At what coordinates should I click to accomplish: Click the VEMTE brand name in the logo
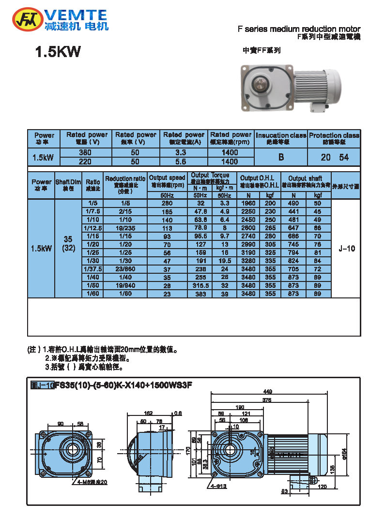(x=77, y=14)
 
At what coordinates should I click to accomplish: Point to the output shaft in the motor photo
(x=262, y=83)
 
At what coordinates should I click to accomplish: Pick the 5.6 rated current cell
(x=184, y=162)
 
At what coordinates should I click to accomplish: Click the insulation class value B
(x=281, y=157)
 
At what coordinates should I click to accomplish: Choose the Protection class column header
(x=334, y=138)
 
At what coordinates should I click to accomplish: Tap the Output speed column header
(x=168, y=181)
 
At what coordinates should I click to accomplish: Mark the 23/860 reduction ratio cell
(x=125, y=268)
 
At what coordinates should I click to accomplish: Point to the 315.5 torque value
(x=200, y=285)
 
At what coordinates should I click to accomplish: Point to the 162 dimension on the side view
(x=149, y=413)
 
